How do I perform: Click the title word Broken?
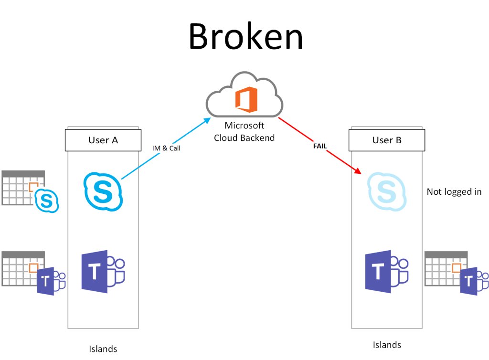[x=246, y=37]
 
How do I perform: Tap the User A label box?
[x=103, y=140]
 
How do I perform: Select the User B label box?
[x=387, y=140]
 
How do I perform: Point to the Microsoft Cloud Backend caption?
[x=244, y=132]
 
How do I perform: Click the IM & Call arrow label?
[x=166, y=148]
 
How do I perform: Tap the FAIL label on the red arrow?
[x=320, y=146]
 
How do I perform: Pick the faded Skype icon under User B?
[x=386, y=192]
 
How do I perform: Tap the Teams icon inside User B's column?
[x=386, y=271]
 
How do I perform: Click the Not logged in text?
[x=454, y=192]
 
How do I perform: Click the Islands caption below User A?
[x=103, y=349]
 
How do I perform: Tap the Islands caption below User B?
[x=387, y=345]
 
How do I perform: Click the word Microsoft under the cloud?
[x=244, y=126]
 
